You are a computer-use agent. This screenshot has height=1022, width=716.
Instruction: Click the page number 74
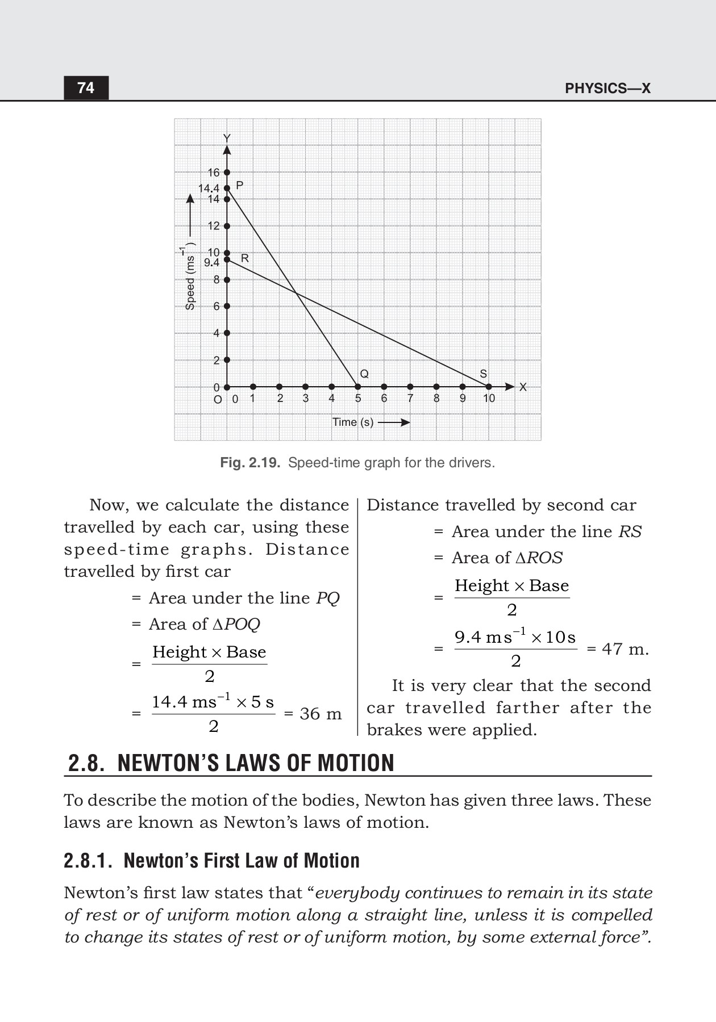86,88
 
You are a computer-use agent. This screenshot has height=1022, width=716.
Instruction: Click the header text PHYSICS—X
607,89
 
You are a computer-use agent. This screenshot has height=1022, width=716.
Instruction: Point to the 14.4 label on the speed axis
208,188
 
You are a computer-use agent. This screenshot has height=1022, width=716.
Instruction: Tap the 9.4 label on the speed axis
211,262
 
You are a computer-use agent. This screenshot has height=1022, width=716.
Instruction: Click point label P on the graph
239,185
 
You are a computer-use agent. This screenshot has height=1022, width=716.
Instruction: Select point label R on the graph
245,258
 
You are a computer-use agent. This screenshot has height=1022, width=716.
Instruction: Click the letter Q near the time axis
364,374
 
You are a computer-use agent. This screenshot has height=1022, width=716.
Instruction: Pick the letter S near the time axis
483,374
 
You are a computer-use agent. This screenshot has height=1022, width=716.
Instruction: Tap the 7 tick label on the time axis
410,399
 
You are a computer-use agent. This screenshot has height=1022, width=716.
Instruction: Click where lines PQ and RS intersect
296,293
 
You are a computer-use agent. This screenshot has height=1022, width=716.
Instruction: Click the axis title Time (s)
353,422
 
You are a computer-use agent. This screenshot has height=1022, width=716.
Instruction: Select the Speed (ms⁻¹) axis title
190,278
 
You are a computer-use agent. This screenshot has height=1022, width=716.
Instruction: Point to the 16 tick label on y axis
213,172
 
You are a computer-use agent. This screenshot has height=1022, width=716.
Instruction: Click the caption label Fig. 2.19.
250,463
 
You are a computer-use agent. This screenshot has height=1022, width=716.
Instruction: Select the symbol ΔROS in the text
539,558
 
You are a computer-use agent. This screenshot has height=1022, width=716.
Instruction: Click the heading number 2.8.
86,763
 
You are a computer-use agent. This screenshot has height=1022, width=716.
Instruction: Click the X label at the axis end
523,387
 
